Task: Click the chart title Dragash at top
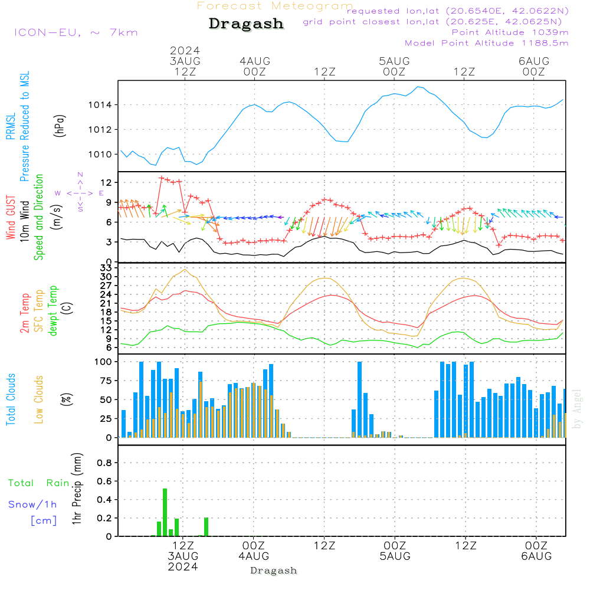coord(246,24)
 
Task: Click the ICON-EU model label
coord(76,32)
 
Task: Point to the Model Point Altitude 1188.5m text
coord(486,43)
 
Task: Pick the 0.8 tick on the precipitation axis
coord(104,463)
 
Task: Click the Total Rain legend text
coord(39,483)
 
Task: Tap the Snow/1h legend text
coord(33,504)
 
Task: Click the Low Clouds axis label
coord(39,399)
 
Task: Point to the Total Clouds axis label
coord(11,399)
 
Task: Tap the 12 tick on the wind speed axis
coord(107,182)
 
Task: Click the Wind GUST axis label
coord(11,218)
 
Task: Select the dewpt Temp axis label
coord(53,310)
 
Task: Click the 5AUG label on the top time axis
coord(394,61)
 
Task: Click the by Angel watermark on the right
coord(577,408)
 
